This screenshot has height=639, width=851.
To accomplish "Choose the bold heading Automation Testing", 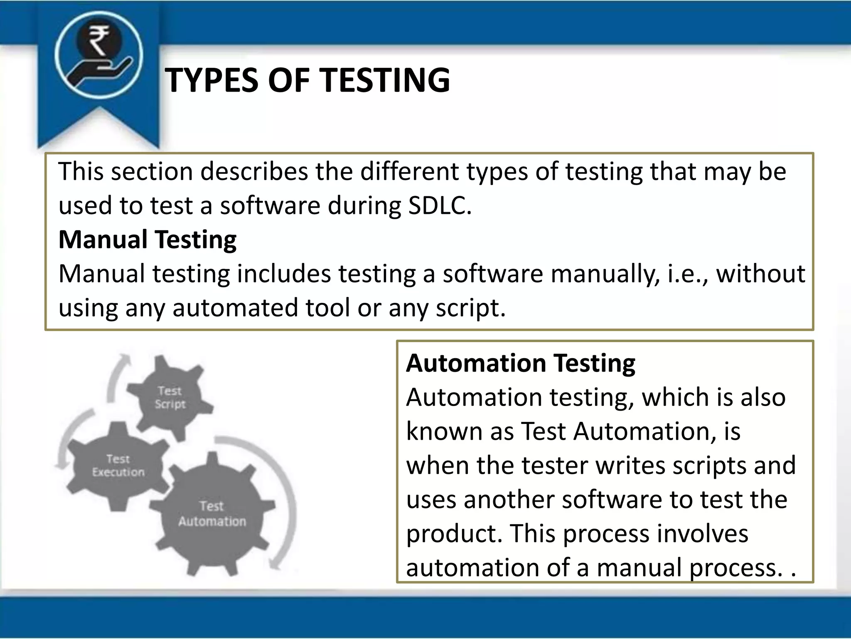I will coord(520,363).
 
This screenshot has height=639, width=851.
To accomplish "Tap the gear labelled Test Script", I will coord(170,397).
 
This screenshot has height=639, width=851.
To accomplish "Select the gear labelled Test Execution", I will coord(118,466).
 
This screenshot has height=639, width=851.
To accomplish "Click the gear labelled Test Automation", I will coord(212,514).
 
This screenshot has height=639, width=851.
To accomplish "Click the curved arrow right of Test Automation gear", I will coord(287,499).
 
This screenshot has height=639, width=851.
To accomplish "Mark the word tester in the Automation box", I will coord(555,466).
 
